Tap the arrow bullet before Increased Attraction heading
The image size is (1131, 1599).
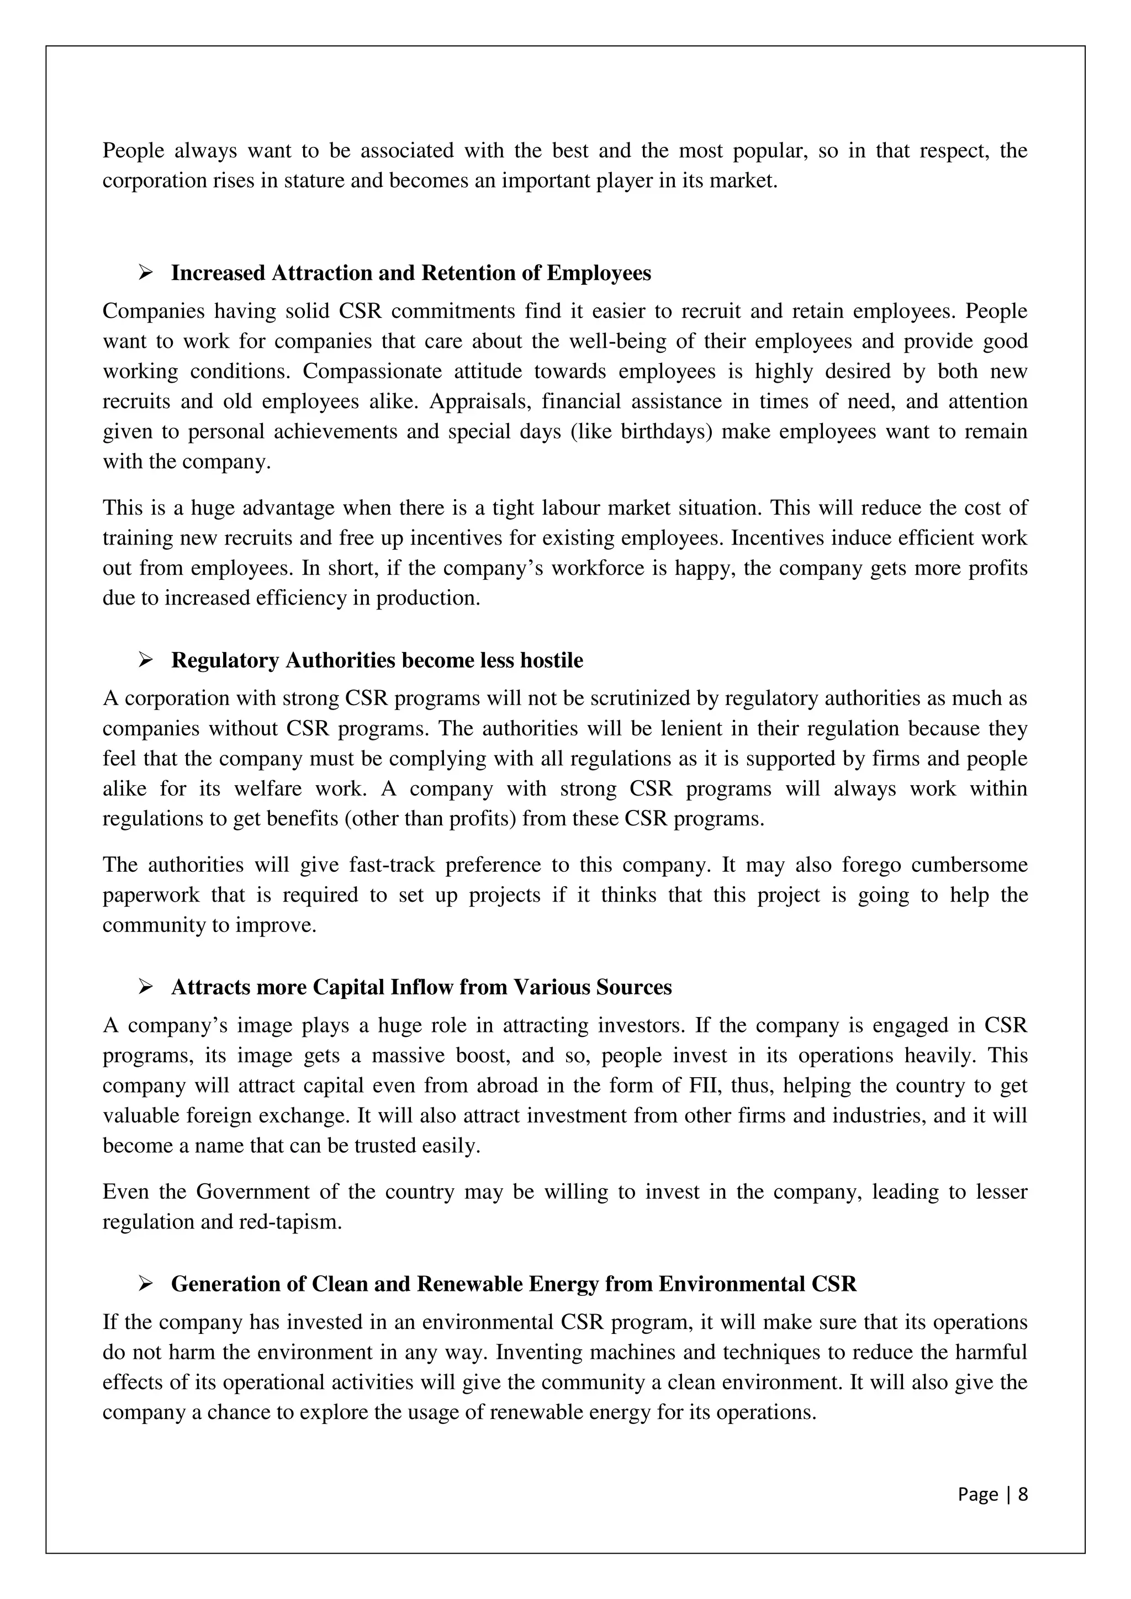(146, 273)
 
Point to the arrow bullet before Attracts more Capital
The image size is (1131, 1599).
(146, 987)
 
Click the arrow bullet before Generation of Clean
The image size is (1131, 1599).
(146, 1284)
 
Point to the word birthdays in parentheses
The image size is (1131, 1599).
(666, 432)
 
